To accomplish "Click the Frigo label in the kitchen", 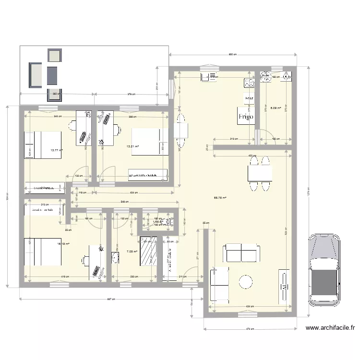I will (246, 116).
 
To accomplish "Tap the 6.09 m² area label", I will (276, 108).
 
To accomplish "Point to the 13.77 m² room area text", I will (57, 150).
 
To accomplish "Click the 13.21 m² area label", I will (132, 146).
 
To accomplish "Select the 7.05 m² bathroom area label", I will (132, 251).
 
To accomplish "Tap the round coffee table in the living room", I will (246, 282).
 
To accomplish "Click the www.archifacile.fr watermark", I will (330, 328).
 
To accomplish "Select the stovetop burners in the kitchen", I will (249, 84).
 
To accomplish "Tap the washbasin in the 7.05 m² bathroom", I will (115, 260).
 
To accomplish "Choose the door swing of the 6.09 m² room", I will (265, 137).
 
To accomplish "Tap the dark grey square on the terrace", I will (51, 73).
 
